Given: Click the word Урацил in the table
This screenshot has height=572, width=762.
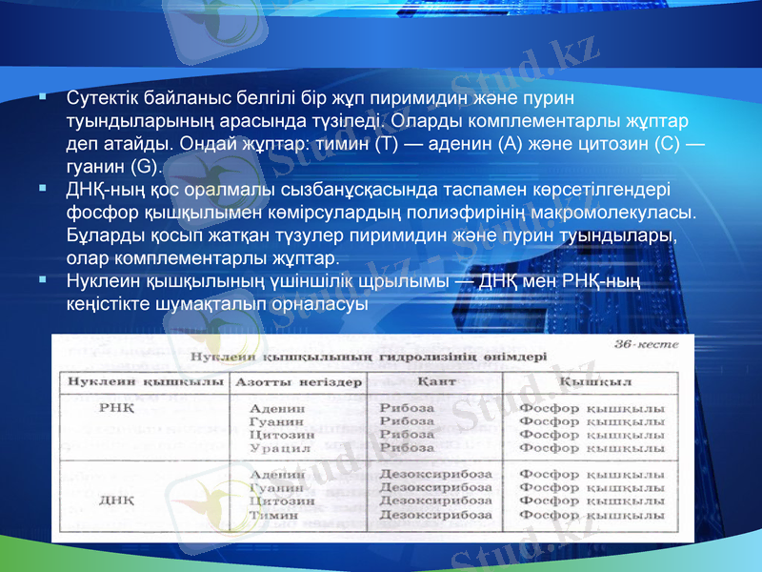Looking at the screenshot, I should coord(272,447).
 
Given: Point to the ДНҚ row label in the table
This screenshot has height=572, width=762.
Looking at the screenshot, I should coord(115,499).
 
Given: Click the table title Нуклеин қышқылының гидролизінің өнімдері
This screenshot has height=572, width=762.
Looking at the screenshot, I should coord(369,358).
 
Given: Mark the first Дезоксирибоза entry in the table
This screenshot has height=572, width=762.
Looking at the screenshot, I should coord(436,473).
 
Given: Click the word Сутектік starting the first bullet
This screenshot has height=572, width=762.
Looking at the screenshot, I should coord(104,99).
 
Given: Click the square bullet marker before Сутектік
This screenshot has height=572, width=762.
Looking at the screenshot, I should coord(43,97).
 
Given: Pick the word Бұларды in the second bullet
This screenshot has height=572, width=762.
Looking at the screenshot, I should coord(104,235).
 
